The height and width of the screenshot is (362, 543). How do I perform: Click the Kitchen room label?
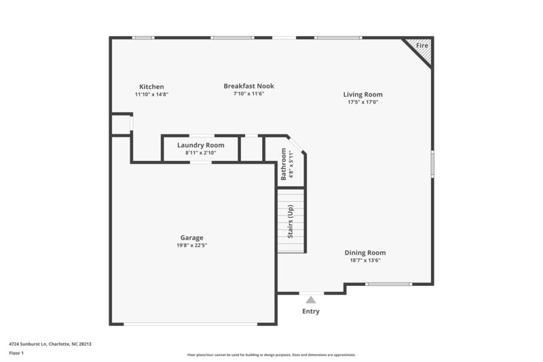tap(151, 87)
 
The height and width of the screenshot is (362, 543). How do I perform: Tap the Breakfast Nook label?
tap(248, 86)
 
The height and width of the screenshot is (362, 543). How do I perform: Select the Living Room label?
tap(362, 94)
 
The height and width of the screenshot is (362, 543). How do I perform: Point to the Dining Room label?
tap(364, 253)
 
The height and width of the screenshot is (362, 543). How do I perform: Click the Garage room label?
tap(191, 238)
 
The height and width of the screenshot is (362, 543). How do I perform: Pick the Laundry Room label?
tap(200, 145)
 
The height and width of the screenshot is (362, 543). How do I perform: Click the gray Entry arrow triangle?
tap(311, 299)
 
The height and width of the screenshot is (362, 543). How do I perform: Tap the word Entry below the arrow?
tap(311, 312)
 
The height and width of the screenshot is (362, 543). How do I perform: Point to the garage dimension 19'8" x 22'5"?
tap(191, 245)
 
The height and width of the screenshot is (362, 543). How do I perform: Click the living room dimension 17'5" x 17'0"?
tap(362, 102)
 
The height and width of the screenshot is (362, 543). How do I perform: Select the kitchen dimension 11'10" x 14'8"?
tap(151, 94)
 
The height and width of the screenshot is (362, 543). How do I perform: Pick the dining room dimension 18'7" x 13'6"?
tap(364, 260)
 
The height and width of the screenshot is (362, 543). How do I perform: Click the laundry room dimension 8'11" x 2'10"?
tap(200, 153)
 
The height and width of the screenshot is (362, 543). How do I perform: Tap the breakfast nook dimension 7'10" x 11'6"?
tap(248, 94)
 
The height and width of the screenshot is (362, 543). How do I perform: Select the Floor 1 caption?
tap(16, 353)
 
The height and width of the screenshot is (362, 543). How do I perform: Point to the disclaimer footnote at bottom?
tap(271, 355)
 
